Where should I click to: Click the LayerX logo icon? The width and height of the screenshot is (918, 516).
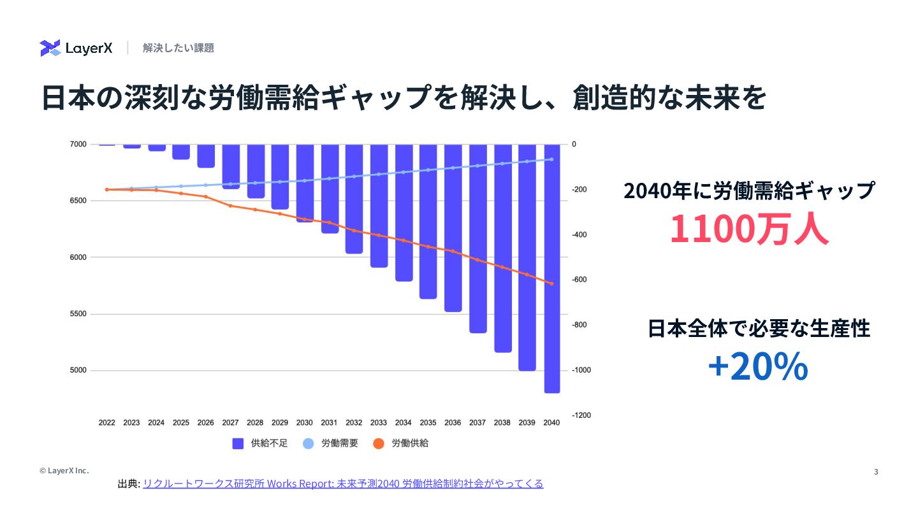pos(50,48)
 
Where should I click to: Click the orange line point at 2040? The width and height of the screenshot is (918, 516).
pos(551,283)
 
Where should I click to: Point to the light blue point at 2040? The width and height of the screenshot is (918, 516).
pos(551,159)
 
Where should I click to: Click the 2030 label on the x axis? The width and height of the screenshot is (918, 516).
pos(305,422)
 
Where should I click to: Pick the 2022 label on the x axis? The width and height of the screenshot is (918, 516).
pos(107,422)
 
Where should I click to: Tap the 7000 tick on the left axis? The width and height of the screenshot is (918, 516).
pos(78,145)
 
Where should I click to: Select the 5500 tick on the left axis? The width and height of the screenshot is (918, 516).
pos(78,314)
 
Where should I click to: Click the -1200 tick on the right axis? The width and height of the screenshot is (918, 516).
pos(581,415)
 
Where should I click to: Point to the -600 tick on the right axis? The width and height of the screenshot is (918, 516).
pos(579,280)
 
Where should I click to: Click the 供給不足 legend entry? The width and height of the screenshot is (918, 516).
pos(260,443)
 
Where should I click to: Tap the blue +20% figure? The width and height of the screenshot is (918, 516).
pos(758,367)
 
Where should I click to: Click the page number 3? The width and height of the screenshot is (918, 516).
pos(875,471)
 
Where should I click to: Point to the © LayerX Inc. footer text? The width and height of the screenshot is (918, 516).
pos(64,470)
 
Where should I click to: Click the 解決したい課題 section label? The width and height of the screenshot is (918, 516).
pos(178,48)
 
